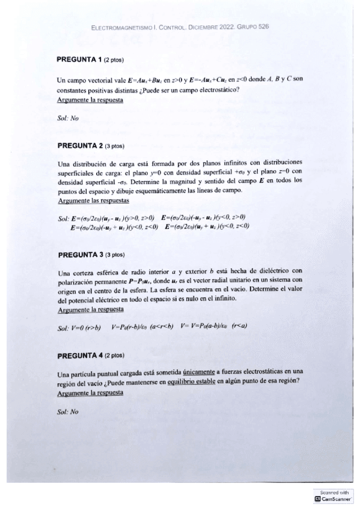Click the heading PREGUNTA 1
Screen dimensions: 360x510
click(x=79, y=60)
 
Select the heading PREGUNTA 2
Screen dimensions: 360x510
click(x=79, y=145)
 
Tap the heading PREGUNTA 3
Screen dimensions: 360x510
click(x=79, y=254)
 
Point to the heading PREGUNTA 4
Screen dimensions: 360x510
click(x=79, y=355)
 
